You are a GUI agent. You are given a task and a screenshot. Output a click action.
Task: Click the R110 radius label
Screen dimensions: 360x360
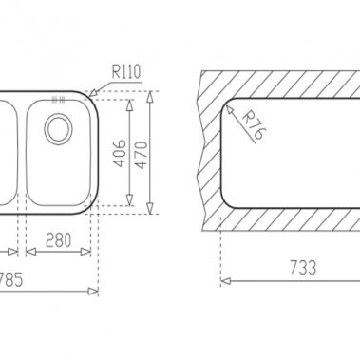[x=125, y=72]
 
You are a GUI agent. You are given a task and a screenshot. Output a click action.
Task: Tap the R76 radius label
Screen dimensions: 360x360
[x=254, y=124]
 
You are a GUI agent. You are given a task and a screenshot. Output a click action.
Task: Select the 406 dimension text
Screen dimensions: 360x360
[x=120, y=153]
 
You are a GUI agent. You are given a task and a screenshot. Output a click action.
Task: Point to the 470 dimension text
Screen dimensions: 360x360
[x=142, y=155]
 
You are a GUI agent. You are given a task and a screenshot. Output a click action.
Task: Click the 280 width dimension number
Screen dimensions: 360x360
[x=58, y=240]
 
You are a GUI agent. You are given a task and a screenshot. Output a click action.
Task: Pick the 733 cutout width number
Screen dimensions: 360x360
[x=303, y=268]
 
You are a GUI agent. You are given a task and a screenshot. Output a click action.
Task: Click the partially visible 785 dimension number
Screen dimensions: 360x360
[x=11, y=280]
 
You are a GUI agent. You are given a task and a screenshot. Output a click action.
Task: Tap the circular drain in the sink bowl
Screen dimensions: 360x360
[x=59, y=128]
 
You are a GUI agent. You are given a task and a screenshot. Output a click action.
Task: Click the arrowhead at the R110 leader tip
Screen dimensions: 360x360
[x=92, y=92]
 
